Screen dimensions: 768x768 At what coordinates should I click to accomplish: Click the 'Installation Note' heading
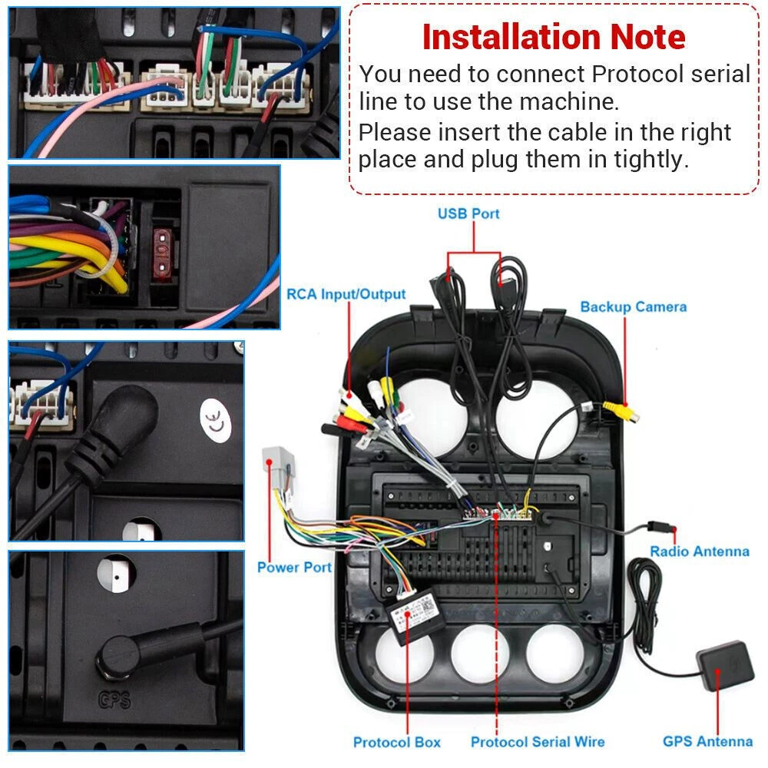(554, 37)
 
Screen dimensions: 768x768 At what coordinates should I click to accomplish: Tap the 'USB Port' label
(468, 214)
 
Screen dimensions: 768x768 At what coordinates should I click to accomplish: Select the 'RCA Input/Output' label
(346, 294)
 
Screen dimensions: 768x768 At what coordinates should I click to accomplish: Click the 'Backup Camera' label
(634, 306)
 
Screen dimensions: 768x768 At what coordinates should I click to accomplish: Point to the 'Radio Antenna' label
(700, 551)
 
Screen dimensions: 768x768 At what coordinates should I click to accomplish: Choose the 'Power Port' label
(294, 568)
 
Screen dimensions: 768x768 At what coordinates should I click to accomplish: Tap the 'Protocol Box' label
(397, 742)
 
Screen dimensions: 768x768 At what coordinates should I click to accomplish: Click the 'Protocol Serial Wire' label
(538, 742)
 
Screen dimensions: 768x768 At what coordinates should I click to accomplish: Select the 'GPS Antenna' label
(708, 741)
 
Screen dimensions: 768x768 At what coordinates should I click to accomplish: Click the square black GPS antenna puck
(726, 664)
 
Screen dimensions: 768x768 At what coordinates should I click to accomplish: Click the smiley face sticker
(216, 421)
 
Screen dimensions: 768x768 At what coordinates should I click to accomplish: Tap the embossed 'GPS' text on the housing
(115, 700)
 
